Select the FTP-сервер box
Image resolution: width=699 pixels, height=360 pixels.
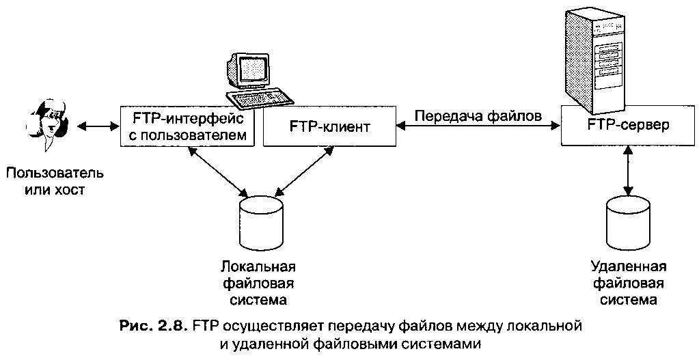pyautogui.click(x=628, y=126)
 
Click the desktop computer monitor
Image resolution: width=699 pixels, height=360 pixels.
pyautogui.click(x=249, y=68)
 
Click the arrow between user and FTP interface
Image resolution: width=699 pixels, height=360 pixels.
pyautogui.click(x=99, y=126)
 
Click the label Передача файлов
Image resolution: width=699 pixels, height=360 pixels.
pyautogui.click(x=478, y=115)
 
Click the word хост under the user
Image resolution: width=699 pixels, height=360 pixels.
pyautogui.click(x=70, y=189)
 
